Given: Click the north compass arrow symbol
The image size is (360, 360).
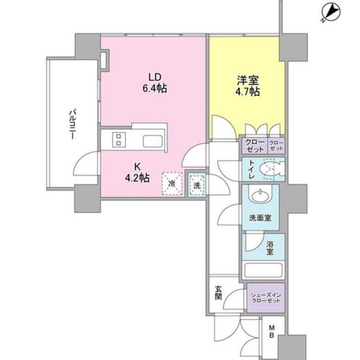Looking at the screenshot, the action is click(331, 14).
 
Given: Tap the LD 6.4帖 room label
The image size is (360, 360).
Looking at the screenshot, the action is click(155, 83).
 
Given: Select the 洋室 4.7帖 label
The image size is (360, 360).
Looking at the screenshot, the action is click(248, 86).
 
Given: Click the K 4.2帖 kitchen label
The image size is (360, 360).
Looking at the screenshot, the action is click(138, 172).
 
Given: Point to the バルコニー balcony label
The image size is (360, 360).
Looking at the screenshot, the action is click(73, 124).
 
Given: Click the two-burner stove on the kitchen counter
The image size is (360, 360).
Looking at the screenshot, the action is click(118, 139).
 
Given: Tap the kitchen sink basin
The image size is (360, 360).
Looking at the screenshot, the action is click(152, 141).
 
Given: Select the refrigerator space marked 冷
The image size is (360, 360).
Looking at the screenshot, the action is click(172, 184).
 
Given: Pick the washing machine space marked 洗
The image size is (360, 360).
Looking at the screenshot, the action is click(197, 185).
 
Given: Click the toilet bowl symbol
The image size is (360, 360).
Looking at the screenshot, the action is click(272, 169).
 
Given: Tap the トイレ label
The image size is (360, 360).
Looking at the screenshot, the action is click(252, 169).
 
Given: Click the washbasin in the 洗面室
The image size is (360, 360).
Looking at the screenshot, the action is click(260, 196).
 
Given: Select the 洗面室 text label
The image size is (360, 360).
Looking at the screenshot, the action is click(260, 218).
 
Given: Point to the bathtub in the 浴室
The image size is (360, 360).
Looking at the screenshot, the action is click(263, 270).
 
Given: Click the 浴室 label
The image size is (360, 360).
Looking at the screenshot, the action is click(270, 248).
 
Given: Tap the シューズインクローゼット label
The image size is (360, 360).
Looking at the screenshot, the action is click(266, 298).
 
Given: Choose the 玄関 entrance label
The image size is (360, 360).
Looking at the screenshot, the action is click(218, 293).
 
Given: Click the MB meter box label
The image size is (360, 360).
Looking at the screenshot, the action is click(271, 331).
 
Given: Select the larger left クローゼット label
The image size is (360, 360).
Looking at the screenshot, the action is click(254, 146).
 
